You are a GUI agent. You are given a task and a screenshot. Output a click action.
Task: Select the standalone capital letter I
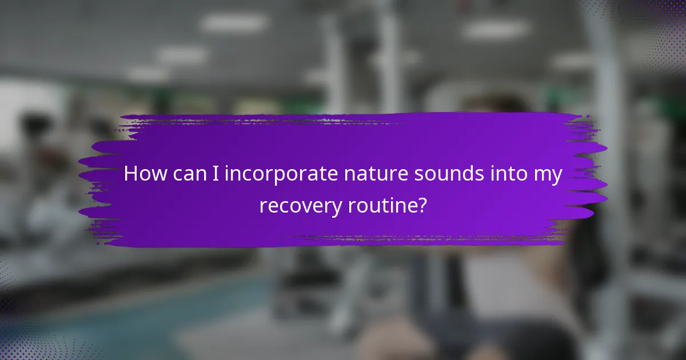point(216,174)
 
